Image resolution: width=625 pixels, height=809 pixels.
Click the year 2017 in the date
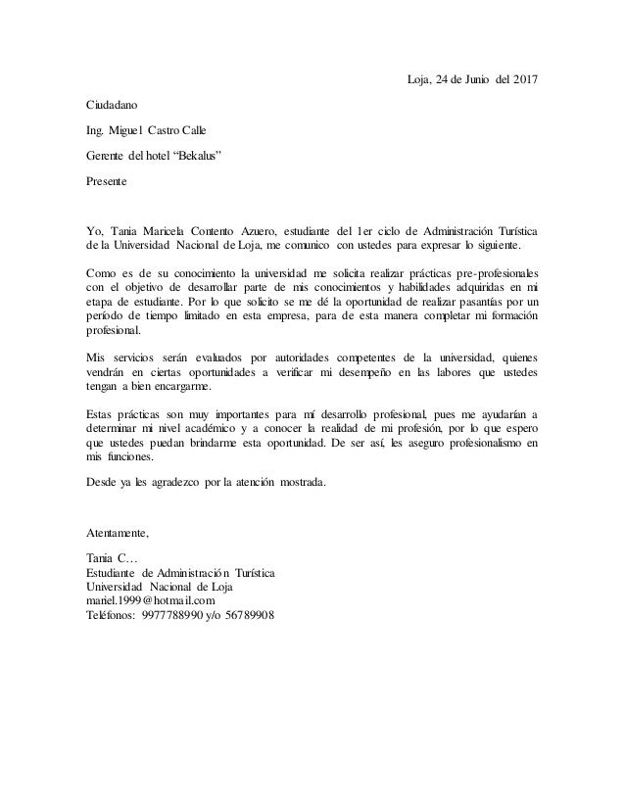[524, 78]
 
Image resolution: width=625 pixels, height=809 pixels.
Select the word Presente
[108, 180]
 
